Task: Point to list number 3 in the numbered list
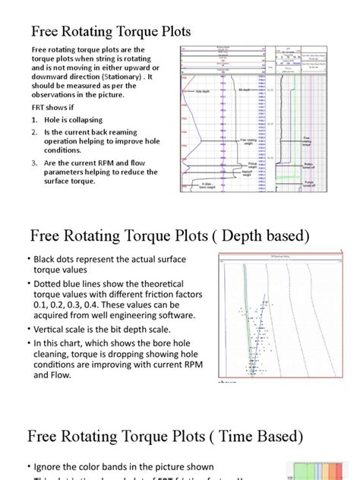pyautogui.click(x=34, y=162)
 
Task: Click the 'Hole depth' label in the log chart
pyautogui.click(x=201, y=90)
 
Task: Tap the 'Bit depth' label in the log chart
pyautogui.click(x=245, y=89)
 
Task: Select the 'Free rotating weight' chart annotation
pyautogui.click(x=248, y=141)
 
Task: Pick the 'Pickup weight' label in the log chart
pyautogui.click(x=253, y=164)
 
